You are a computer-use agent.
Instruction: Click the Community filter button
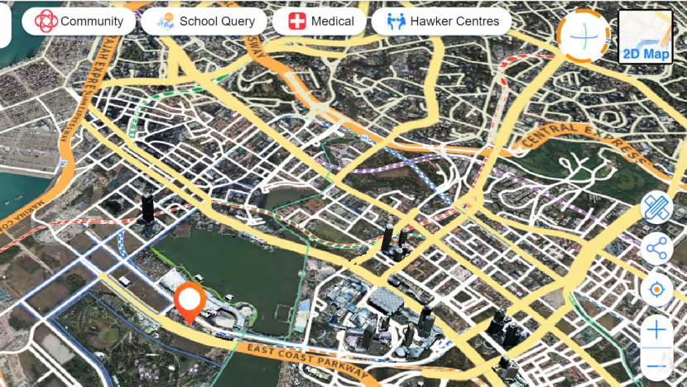click(x=79, y=21)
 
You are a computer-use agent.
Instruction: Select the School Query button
click(x=204, y=21)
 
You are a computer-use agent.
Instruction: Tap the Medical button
click(x=319, y=21)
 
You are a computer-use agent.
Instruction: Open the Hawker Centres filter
click(x=443, y=21)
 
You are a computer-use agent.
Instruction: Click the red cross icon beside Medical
click(x=295, y=21)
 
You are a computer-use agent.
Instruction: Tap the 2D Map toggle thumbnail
click(x=645, y=36)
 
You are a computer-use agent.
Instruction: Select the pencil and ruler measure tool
click(x=657, y=207)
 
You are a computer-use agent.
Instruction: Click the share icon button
click(x=657, y=247)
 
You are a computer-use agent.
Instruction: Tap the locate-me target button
click(x=657, y=289)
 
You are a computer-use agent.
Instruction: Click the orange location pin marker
click(x=190, y=302)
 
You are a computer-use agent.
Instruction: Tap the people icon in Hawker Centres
click(x=396, y=21)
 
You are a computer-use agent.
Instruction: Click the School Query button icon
click(x=166, y=21)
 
